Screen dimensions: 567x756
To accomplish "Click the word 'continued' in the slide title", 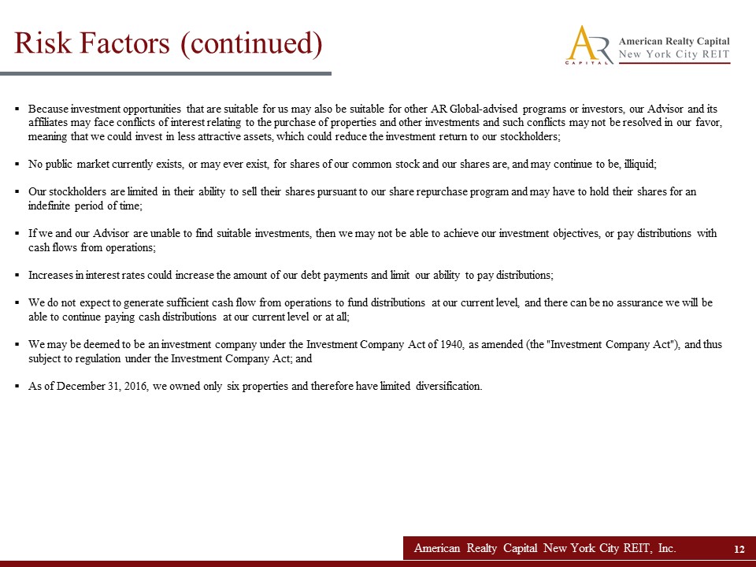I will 251,43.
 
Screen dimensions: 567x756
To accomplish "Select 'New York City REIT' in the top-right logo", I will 674,54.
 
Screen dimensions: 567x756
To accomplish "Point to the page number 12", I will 739,549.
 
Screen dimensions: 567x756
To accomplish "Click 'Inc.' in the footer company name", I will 664,548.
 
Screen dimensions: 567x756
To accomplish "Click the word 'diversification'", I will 448,386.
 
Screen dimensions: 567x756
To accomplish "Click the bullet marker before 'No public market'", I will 17,165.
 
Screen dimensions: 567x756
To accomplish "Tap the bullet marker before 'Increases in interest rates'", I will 17,276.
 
